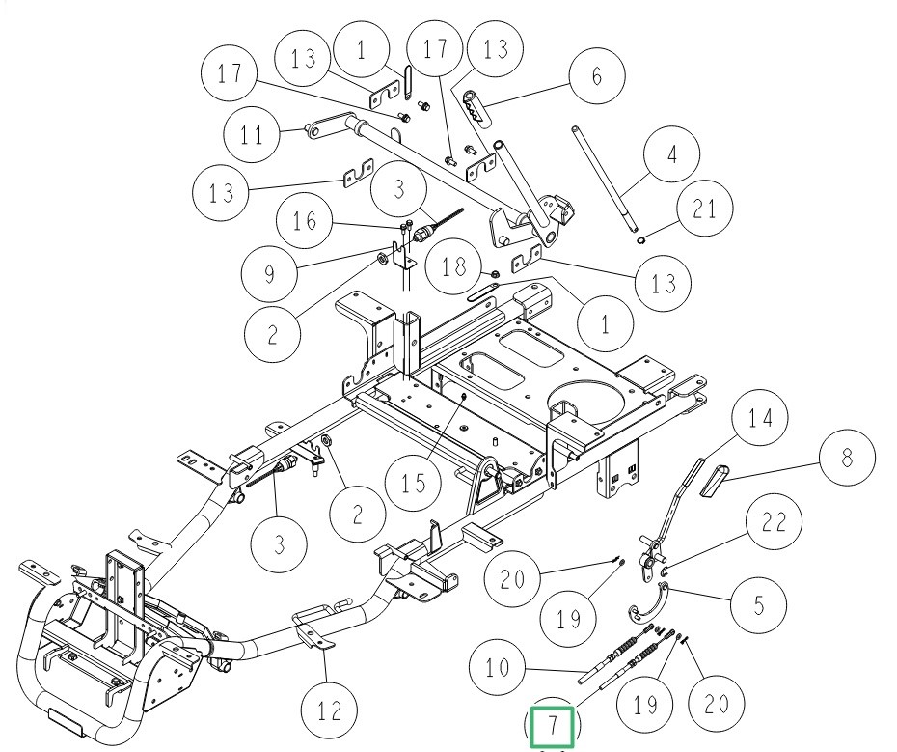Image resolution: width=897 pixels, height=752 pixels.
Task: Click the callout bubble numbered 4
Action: [672, 153]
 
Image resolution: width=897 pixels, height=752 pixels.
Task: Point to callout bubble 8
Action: [847, 458]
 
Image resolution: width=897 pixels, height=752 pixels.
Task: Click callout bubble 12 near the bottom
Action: [329, 711]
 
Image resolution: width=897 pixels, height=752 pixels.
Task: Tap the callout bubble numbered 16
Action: [305, 221]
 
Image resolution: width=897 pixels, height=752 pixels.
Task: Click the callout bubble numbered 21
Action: [703, 210]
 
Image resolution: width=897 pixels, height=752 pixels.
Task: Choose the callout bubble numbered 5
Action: [758, 606]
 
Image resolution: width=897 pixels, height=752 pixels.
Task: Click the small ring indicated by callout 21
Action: [642, 232]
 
